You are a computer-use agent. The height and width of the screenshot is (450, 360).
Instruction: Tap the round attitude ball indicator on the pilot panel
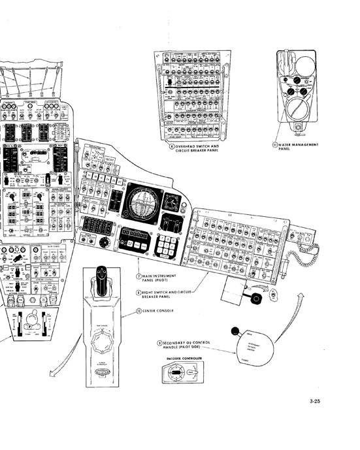142,202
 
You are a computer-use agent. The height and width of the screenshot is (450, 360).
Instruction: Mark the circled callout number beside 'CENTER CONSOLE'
138,311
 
